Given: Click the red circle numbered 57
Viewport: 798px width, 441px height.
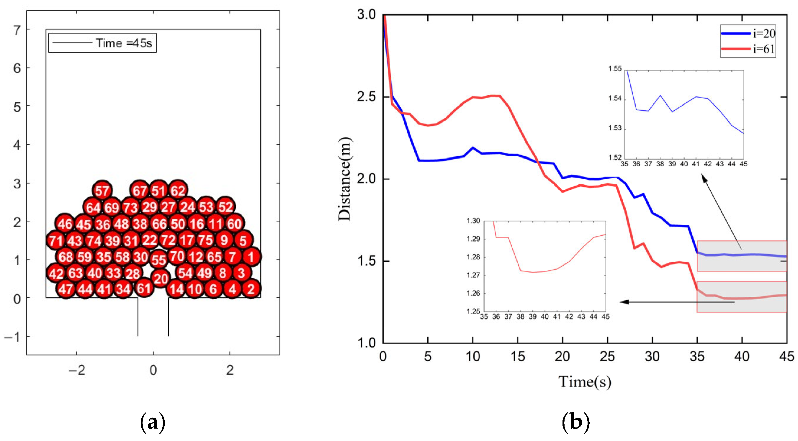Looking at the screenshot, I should point(102,190).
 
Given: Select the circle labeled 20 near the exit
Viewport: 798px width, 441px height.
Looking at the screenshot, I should point(161,278).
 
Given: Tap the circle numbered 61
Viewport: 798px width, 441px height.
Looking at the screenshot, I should point(144,288).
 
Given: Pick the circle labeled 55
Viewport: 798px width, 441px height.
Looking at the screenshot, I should point(159,260).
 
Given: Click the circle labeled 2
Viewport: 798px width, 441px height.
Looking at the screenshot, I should point(251,289).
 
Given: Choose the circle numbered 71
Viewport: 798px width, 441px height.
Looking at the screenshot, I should point(56,240).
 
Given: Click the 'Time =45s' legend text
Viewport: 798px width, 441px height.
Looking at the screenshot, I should point(124,43).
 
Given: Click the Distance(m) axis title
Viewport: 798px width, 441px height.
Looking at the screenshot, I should point(344,179).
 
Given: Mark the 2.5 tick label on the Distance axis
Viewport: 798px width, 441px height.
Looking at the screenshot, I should point(366,97).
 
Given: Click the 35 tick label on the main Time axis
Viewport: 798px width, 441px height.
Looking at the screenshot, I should point(697,356).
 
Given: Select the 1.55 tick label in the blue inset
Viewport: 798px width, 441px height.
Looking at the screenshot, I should point(615,69).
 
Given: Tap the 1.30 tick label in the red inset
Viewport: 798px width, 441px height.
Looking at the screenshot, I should point(473,221).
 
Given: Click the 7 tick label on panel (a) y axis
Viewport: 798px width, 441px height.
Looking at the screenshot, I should point(17,30).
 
